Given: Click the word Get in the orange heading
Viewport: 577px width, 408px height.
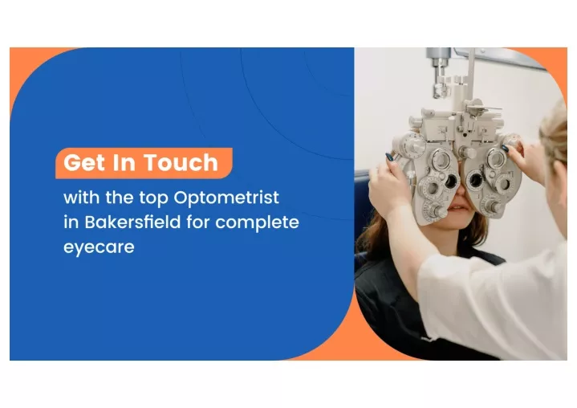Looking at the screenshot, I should pyautogui.click(x=83, y=163).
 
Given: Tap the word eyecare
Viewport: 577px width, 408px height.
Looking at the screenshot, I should pyautogui.click(x=99, y=248).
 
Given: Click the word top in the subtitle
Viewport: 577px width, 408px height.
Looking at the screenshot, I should pyautogui.click(x=154, y=198).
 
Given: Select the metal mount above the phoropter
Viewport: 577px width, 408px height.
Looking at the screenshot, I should pyautogui.click(x=438, y=72).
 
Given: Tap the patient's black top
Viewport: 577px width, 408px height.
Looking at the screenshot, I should pyautogui.click(x=401, y=305).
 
